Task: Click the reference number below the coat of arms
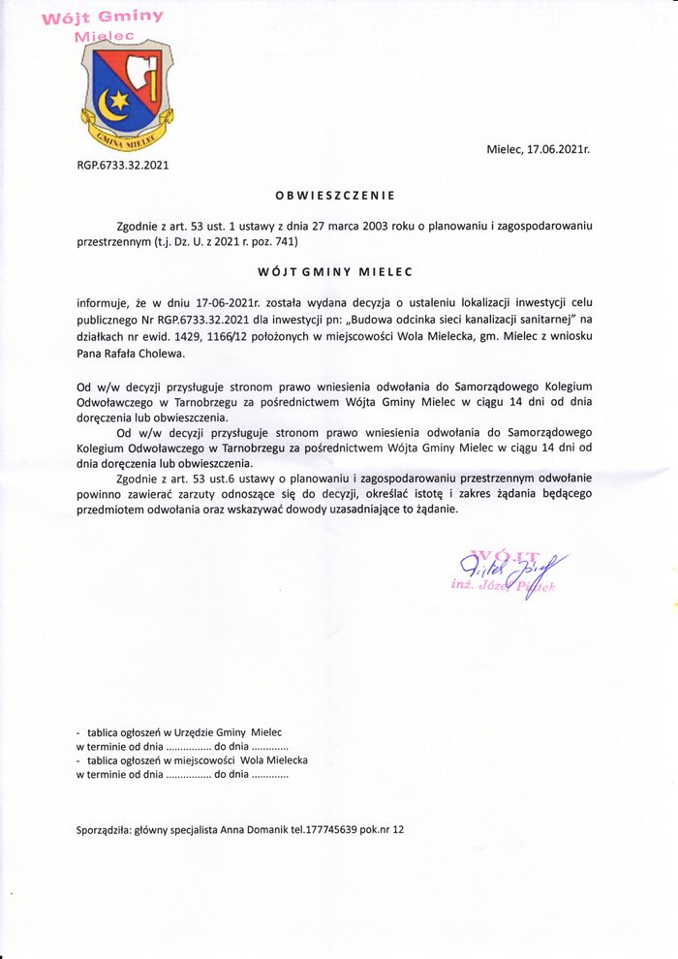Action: pyautogui.click(x=123, y=165)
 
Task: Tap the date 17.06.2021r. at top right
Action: pyautogui.click(x=551, y=150)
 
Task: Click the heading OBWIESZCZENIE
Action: pyautogui.click(x=334, y=195)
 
